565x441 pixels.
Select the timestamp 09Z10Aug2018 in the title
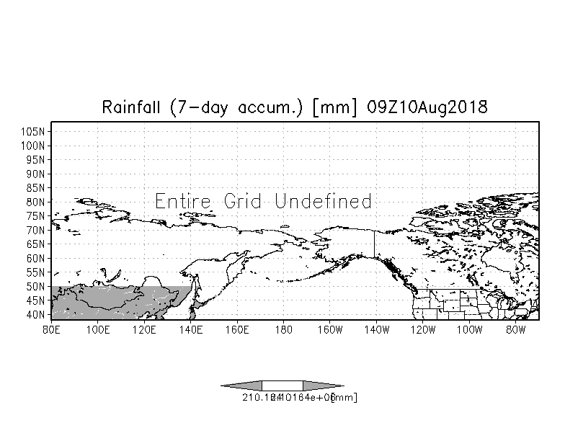tap(427, 107)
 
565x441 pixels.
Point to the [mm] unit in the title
tap(336, 107)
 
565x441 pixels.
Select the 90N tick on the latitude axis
tap(37, 174)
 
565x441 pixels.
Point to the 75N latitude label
tap(37, 215)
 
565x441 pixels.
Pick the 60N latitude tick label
tap(37, 258)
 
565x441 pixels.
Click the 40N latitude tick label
tap(37, 314)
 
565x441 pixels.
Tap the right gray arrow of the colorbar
tap(324, 386)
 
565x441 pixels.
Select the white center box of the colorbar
tap(282, 386)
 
